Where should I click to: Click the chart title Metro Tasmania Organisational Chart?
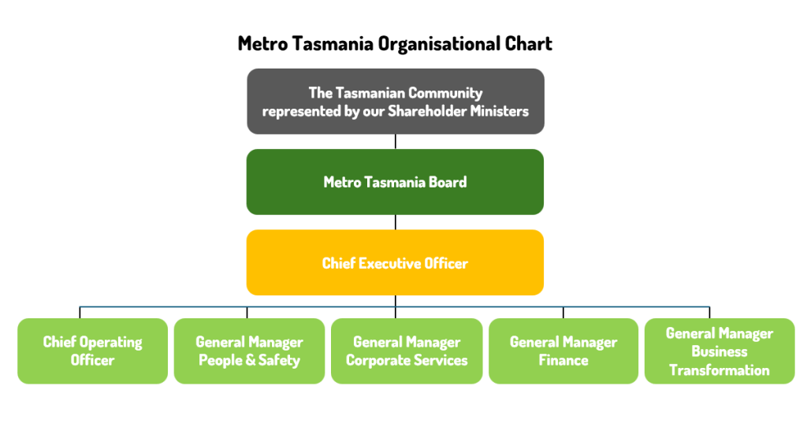pos(395,43)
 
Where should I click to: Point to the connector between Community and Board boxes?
pos(396,142)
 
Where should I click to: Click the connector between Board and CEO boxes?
pos(396,222)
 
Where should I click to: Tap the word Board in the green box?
pos(448,182)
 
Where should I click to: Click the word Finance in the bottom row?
pos(563,360)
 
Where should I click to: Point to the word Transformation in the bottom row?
pos(720,369)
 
